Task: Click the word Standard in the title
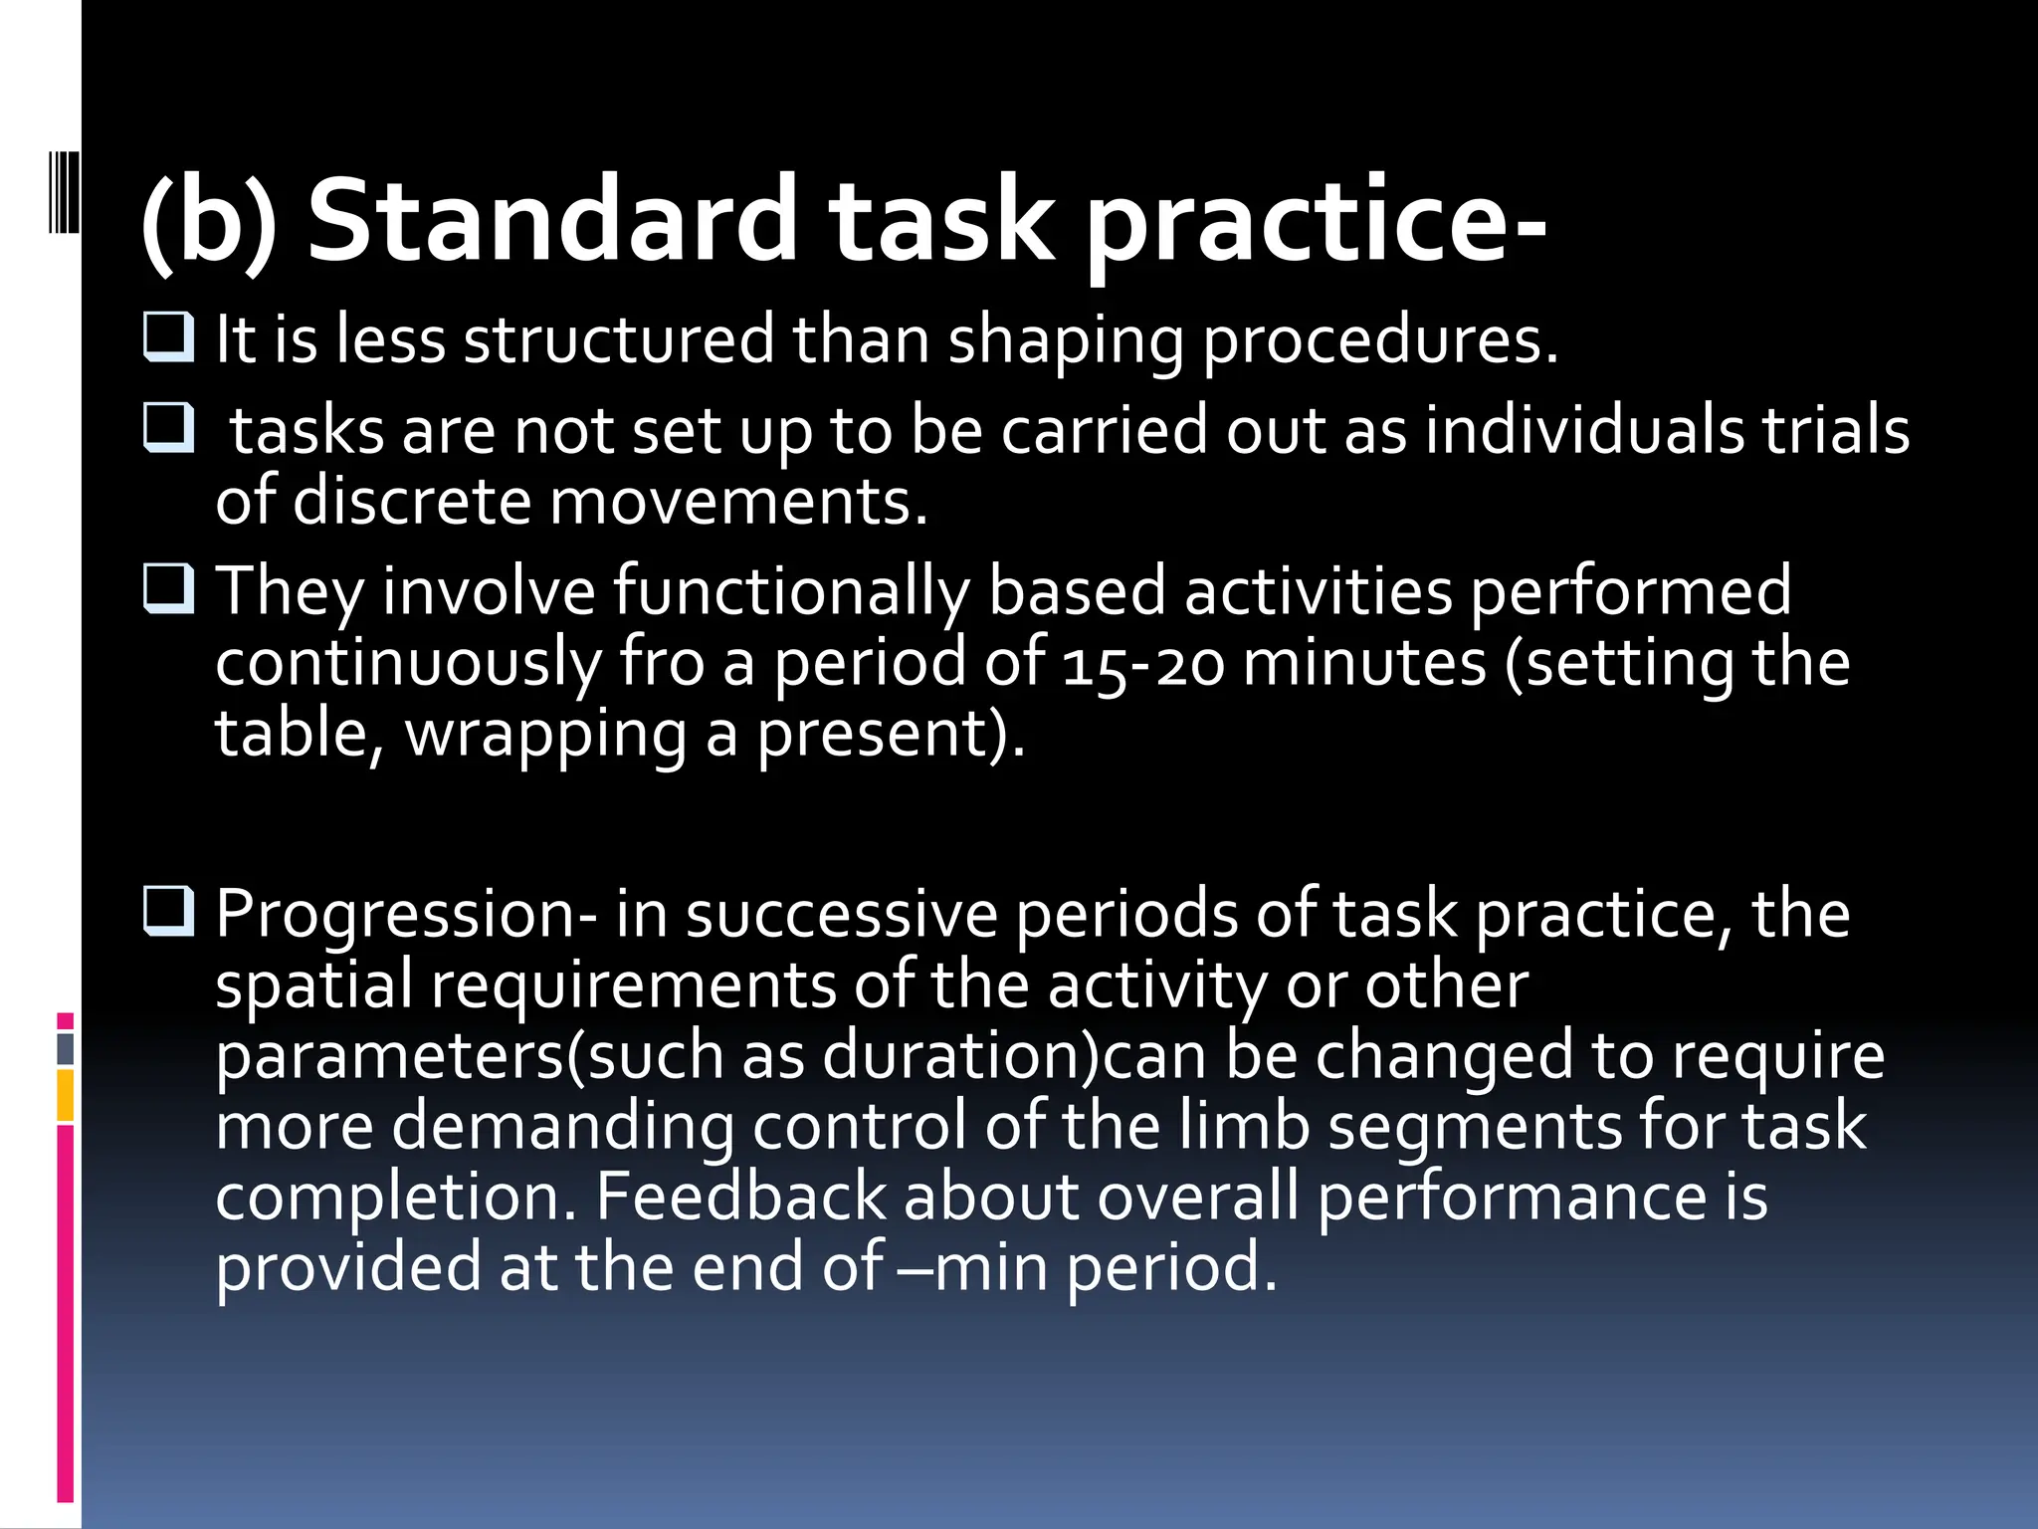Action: pyautogui.click(x=552, y=221)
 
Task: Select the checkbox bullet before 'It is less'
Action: pyautogui.click(x=168, y=337)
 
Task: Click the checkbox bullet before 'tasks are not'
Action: pyautogui.click(x=168, y=429)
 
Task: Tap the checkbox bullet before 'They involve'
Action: pyautogui.click(x=168, y=589)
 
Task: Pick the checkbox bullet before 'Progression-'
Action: pyautogui.click(x=168, y=912)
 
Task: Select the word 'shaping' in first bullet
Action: pyautogui.click(x=1066, y=340)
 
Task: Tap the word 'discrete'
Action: pyautogui.click(x=412, y=501)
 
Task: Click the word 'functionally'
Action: pyautogui.click(x=790, y=591)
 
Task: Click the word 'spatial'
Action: pyautogui.click(x=313, y=985)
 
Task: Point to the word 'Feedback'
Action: pyautogui.click(x=739, y=1197)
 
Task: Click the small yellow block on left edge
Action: pyautogui.click(x=66, y=1095)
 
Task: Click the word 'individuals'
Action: pyautogui.click(x=1583, y=431)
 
